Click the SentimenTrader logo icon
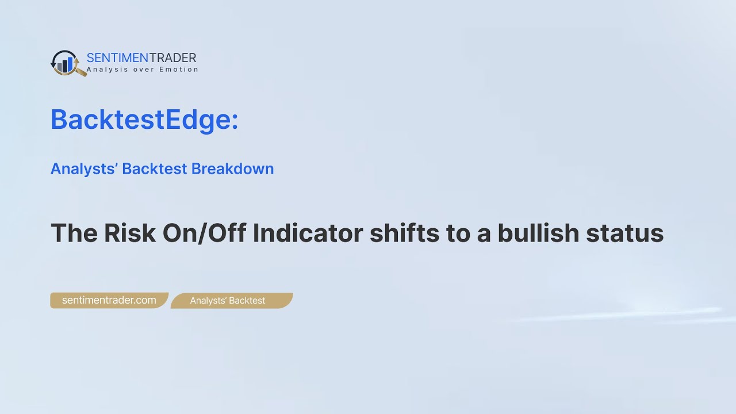pyautogui.click(x=67, y=63)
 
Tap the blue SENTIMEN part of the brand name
pyautogui.click(x=117, y=57)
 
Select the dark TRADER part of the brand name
pyautogui.click(x=172, y=57)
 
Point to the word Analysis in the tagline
pyautogui.click(x=103, y=70)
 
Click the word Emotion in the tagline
pyautogui.click(x=181, y=70)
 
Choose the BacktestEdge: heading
pyautogui.click(x=144, y=120)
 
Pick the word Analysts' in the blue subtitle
pyautogui.click(x=84, y=168)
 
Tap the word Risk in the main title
pyautogui.click(x=129, y=233)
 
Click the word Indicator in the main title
pyautogui.click(x=308, y=233)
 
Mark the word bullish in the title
pyautogui.click(x=538, y=233)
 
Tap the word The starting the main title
pyautogui.click(x=73, y=233)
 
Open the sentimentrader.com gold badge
pyautogui.click(x=109, y=300)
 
